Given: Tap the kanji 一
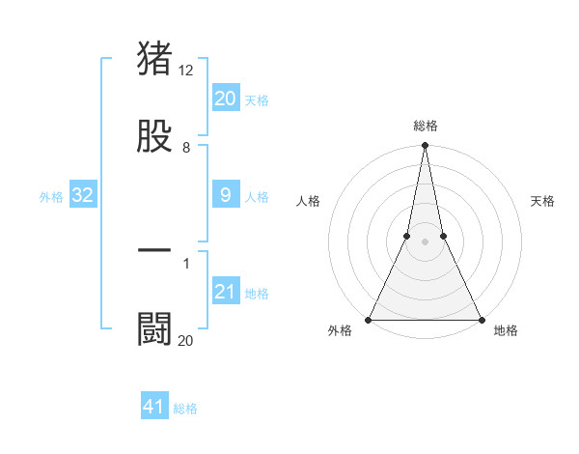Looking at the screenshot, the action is click(x=154, y=250).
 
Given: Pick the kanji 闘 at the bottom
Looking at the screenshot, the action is click(x=154, y=329).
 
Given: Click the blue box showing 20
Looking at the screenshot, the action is click(x=226, y=99).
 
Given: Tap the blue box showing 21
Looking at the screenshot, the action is click(x=226, y=293).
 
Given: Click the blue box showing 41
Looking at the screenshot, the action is click(x=154, y=407).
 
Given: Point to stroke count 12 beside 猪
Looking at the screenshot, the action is click(x=187, y=71).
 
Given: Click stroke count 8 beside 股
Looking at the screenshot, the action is click(x=186, y=148).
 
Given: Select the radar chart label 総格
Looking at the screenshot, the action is click(x=426, y=126).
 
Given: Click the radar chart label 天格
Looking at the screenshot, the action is click(x=542, y=201).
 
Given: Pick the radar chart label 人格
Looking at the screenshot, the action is click(x=308, y=201).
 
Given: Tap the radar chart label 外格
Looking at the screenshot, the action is click(x=340, y=331).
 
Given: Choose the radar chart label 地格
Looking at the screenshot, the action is click(x=506, y=331).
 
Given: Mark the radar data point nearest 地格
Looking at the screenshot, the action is click(x=481, y=319).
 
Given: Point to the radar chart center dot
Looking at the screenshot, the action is click(x=425, y=241).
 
